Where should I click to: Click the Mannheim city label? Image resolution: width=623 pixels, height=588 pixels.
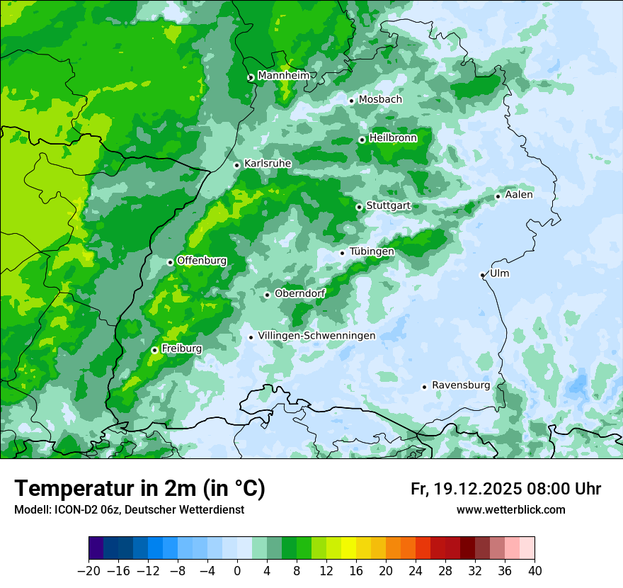point(283,76)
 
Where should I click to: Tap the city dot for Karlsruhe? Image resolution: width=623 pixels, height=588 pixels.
point(237,165)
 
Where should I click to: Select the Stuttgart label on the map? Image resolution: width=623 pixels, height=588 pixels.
point(388,205)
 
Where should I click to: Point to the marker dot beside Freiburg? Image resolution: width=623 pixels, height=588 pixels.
point(154,350)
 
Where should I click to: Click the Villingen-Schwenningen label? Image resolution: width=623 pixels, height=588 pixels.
point(316,336)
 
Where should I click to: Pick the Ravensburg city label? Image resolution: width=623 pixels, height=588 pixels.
point(460,385)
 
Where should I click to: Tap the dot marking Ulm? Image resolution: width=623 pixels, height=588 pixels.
point(482,275)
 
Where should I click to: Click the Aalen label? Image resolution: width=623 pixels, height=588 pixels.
point(519,195)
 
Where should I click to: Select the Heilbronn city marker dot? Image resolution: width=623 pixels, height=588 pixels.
point(362,140)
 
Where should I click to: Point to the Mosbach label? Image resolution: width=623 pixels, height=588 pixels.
point(380,100)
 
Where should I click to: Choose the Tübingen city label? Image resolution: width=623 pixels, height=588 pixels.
point(372,251)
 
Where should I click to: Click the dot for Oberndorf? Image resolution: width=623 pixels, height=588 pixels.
point(267,295)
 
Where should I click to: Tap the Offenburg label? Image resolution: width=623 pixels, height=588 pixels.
point(202,261)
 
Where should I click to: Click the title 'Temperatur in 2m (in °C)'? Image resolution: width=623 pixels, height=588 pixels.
point(140,489)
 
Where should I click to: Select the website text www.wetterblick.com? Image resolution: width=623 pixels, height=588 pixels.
point(510,510)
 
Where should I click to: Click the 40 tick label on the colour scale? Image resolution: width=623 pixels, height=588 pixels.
point(535,570)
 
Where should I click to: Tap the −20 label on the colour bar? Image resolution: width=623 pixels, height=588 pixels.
point(88,570)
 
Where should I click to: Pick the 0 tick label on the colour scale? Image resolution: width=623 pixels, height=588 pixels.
point(237,570)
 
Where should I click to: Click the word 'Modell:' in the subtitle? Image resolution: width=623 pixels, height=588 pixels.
point(31,510)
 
